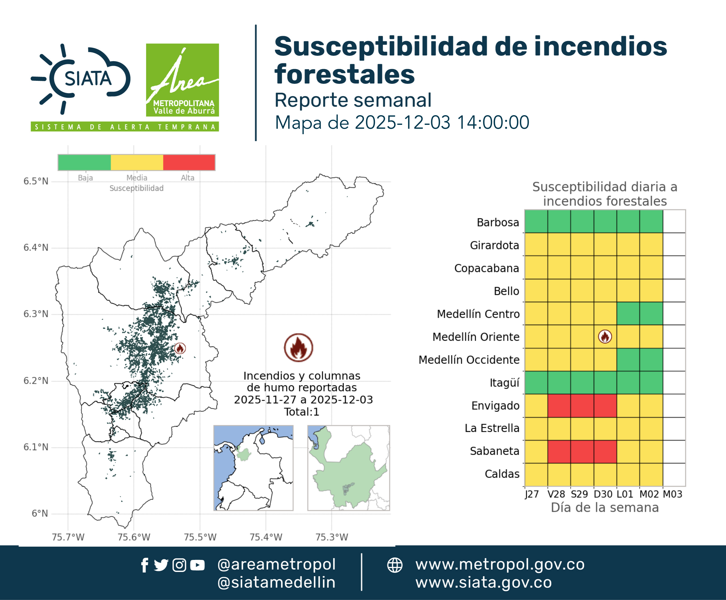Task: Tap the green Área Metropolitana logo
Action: coord(182,80)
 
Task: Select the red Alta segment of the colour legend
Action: coord(189,163)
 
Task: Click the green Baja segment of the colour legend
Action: coord(84,163)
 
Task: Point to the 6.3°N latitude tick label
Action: coord(36,314)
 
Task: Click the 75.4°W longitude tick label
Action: coord(266,537)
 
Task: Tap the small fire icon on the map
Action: coord(180,348)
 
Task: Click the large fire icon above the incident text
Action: coord(299,347)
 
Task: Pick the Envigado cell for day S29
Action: coord(582,406)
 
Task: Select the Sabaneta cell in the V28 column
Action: coord(559,451)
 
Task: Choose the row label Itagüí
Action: coord(504,383)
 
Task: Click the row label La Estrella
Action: coord(492,428)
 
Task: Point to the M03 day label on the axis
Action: coord(672,494)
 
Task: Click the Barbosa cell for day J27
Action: coord(536,222)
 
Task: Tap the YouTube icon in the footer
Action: coord(197,565)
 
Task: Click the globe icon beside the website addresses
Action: coord(394,565)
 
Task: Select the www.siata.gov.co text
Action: coord(483,583)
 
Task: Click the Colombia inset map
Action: coord(253,468)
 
